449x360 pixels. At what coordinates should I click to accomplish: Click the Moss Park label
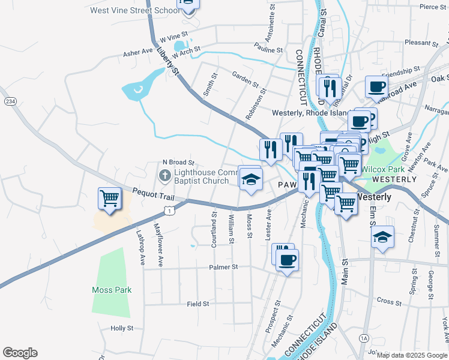(x=112, y=290)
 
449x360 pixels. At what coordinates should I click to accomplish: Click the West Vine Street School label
(x=134, y=10)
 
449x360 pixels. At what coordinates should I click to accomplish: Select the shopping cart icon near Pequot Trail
(x=109, y=197)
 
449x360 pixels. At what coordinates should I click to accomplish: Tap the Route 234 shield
(x=10, y=101)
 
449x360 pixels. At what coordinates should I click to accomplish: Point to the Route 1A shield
(x=364, y=339)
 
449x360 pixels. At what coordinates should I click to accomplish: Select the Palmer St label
(x=223, y=266)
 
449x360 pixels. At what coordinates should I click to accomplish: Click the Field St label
(x=197, y=304)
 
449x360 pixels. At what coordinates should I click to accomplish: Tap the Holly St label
(x=122, y=329)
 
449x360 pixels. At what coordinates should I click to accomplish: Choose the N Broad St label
(x=179, y=162)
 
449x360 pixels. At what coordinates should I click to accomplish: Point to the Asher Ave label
(x=137, y=53)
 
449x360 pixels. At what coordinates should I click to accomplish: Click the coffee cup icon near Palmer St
(x=288, y=260)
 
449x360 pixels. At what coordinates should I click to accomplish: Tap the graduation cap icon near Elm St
(x=382, y=236)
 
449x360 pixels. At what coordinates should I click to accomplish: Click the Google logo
(x=20, y=353)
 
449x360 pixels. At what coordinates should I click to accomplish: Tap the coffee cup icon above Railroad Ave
(x=376, y=86)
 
